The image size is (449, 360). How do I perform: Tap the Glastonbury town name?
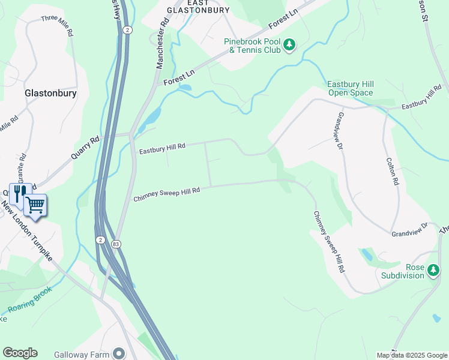(50, 94)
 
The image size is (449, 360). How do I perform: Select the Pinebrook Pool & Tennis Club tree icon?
(289, 44)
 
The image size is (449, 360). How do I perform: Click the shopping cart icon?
(35, 205)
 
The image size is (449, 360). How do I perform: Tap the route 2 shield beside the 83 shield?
(100, 240)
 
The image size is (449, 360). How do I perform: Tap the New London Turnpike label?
(26, 230)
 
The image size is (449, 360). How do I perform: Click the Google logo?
(20, 353)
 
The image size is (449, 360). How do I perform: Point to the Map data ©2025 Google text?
(411, 355)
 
